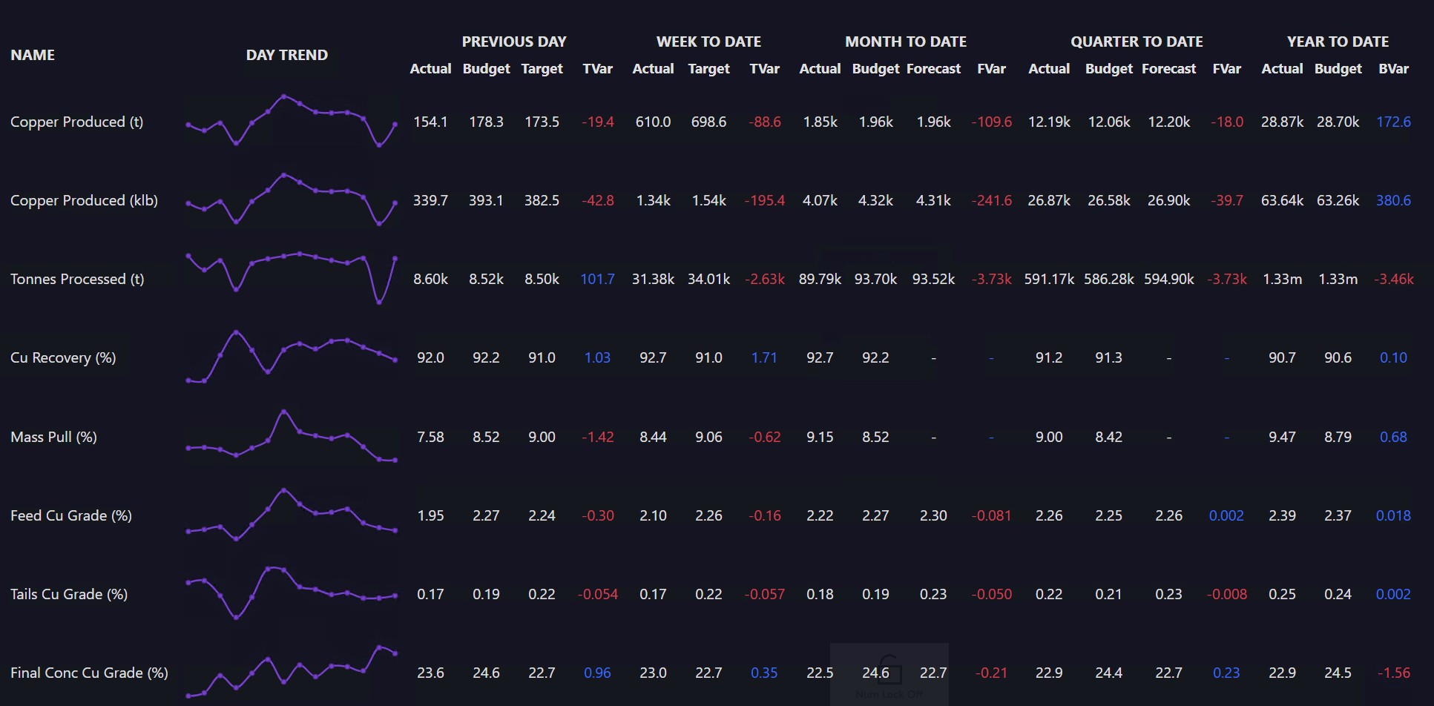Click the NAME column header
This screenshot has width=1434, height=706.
(33, 55)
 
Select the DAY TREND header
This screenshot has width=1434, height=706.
(287, 55)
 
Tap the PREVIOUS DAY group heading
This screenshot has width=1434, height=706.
(514, 42)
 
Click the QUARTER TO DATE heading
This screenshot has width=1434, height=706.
(1137, 42)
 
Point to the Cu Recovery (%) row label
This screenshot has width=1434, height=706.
(63, 357)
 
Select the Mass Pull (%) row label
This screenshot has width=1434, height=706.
(53, 437)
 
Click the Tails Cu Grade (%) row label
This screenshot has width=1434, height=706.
(69, 594)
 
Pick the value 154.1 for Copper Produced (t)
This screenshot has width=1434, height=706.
(430, 122)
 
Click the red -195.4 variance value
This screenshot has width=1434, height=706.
(764, 200)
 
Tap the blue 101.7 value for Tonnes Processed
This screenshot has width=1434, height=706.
(597, 279)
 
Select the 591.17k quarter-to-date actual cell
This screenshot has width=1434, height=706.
(1049, 279)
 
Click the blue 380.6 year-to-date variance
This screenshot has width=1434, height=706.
(1393, 200)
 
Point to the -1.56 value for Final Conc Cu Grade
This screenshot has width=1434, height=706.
(1394, 673)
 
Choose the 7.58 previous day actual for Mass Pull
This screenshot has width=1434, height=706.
(430, 437)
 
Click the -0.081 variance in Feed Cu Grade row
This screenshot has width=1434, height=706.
(991, 515)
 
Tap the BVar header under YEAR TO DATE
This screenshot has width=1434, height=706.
(1393, 68)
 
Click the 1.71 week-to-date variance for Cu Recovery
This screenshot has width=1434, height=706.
(764, 357)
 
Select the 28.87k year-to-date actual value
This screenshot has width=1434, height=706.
(1282, 122)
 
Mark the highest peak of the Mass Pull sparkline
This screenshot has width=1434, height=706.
(283, 411)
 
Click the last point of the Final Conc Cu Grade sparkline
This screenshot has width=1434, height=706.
(395, 653)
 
